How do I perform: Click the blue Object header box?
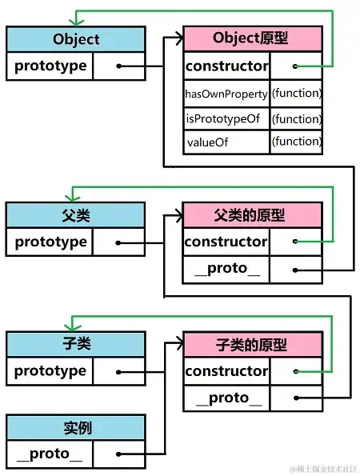76,39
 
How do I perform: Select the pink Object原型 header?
253,38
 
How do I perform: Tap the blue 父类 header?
75,215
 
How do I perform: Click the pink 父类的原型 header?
252,215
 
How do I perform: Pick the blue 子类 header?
76,344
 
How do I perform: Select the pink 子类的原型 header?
253,345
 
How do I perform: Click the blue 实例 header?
76,427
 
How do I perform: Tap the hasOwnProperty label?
226,94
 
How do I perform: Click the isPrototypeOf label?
223,118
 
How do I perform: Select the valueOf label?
208,142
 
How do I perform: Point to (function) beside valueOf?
297,142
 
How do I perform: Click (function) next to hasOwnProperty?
297,93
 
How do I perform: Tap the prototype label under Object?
50,66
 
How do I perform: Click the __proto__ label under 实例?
50,454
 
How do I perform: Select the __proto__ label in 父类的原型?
227,268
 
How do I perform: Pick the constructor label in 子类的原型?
226,371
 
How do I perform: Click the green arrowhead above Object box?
76,22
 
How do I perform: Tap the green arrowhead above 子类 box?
72,328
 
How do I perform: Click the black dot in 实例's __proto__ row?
118,454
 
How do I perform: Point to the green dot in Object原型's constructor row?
295,66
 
